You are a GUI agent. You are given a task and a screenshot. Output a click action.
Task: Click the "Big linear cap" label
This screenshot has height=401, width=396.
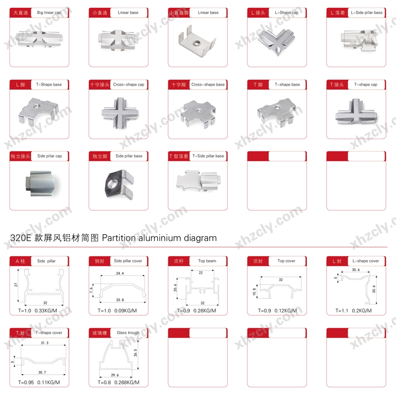point(49,12)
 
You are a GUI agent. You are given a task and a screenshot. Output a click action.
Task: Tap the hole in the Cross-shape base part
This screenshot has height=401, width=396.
point(198,111)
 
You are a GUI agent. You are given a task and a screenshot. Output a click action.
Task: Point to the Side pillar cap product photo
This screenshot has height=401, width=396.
point(40,183)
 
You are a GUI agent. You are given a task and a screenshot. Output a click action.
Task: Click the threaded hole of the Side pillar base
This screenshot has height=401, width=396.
point(112,184)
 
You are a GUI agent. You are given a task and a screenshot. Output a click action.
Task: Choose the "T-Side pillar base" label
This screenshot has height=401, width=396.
point(208,156)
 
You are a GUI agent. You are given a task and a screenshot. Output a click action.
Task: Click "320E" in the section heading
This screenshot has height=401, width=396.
point(20,238)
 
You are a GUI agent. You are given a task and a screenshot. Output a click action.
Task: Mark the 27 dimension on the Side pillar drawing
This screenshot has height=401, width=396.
point(16,285)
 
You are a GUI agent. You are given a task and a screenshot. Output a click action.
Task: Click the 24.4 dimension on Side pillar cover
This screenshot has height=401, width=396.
point(120,273)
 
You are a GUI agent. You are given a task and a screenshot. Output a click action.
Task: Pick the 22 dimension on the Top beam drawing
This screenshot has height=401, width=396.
point(200,273)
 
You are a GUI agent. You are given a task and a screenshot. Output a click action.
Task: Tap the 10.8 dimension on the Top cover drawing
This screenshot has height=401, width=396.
point(254,292)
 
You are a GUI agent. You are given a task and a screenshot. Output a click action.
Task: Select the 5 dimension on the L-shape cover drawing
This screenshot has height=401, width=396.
point(336,278)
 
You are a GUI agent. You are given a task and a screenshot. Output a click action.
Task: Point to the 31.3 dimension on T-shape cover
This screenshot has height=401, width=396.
point(45,343)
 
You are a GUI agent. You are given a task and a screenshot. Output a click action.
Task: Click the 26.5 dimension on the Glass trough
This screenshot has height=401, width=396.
point(135,352)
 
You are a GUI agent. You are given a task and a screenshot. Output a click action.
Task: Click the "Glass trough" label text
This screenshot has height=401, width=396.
point(128,333)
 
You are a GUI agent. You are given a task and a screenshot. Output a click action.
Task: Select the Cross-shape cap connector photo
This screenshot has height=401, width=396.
point(120,113)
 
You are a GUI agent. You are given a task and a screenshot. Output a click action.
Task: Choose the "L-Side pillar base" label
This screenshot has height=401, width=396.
point(367,12)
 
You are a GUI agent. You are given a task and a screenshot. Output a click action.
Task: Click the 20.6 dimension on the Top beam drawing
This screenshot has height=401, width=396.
point(175,288)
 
